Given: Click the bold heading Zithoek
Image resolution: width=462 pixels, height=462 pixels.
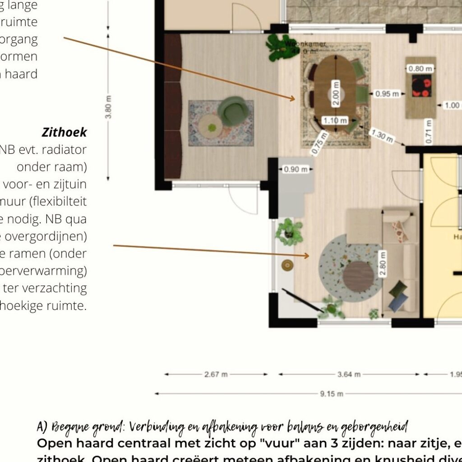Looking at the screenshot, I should coord(64,132).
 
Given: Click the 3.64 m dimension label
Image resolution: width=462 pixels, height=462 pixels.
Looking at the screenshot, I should coord(349,374).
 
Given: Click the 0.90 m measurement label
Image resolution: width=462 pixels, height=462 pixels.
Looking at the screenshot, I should coord(296,170).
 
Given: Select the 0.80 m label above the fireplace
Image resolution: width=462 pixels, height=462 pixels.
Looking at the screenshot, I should coord(420,69).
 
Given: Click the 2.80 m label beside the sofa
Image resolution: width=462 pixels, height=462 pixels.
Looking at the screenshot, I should coord(383,266).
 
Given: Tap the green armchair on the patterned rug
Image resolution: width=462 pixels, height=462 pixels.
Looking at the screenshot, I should coord(233,111).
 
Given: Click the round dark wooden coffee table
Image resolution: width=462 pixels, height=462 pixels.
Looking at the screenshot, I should coord(358,276).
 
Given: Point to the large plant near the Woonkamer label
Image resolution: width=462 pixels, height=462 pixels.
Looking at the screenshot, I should coord(276,47).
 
